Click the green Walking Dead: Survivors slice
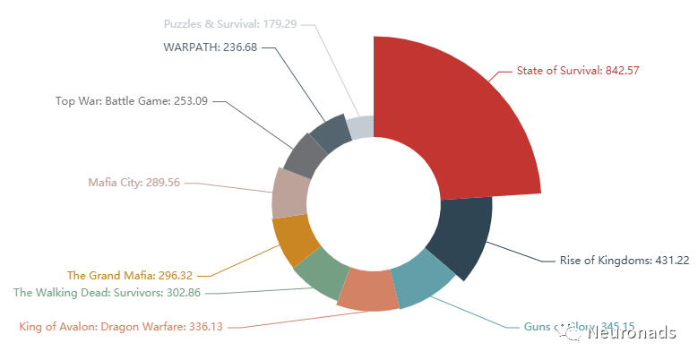coord(318,273)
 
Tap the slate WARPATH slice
coord(329,133)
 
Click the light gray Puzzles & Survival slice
coord(361,126)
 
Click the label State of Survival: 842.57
coord(577,70)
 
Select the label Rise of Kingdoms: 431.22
coord(625,261)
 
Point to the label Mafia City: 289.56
coord(134,182)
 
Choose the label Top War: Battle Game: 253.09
coord(132,101)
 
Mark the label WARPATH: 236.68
coord(211,47)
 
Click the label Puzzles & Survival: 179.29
coord(230,23)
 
